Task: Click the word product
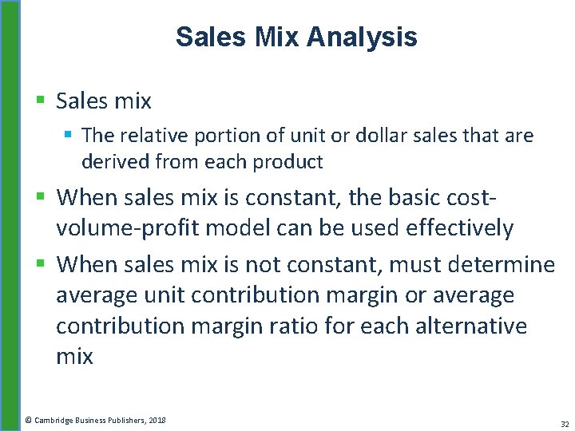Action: click(x=287, y=163)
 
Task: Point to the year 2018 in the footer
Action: click(x=156, y=419)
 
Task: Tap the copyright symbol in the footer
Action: click(x=28, y=419)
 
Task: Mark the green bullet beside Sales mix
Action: click(x=40, y=101)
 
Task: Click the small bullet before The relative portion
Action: click(x=69, y=136)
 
